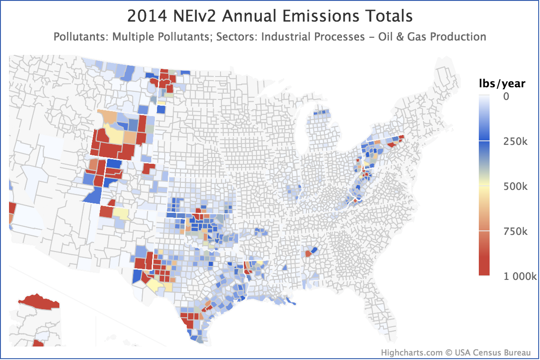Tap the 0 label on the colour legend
506,96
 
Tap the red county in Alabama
308,254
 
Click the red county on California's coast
12,208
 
